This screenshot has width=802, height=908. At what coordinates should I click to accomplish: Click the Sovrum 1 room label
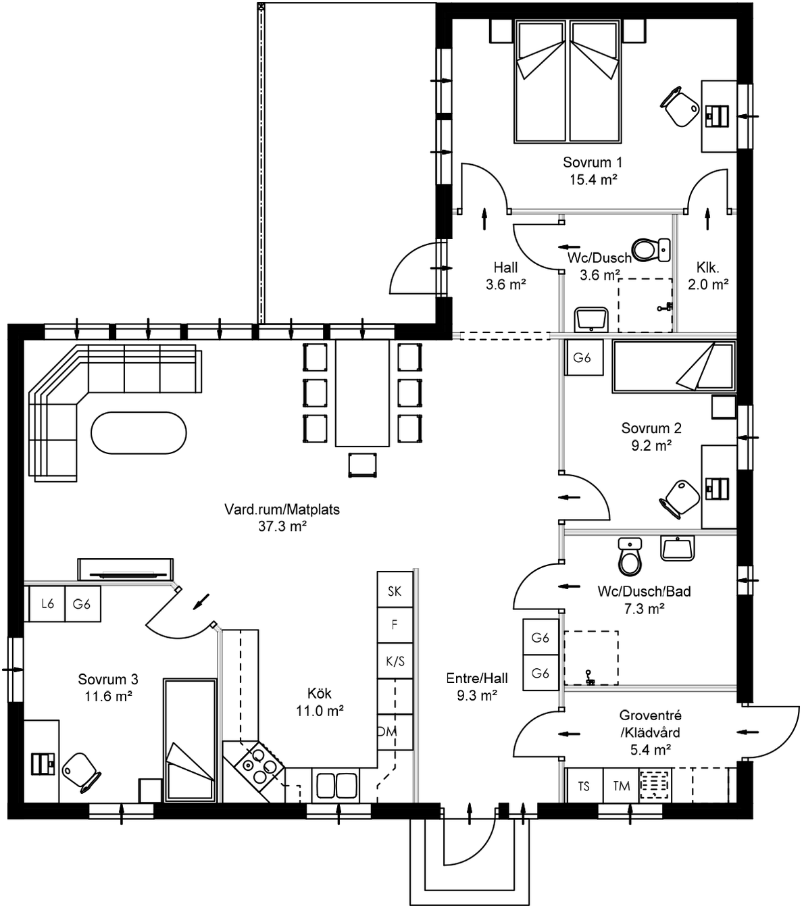click(593, 162)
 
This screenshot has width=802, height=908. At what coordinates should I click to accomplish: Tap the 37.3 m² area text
click(282, 527)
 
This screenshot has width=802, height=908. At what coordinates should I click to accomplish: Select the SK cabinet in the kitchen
click(395, 591)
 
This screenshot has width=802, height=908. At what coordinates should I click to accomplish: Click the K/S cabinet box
click(395, 661)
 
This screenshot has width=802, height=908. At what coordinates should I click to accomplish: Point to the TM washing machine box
click(621, 786)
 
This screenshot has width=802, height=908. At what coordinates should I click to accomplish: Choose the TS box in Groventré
click(584, 786)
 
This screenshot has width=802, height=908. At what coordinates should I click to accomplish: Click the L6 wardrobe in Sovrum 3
click(47, 604)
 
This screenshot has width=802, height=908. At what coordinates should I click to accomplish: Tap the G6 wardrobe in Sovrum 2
click(582, 358)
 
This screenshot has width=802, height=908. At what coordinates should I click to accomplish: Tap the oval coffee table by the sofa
click(138, 433)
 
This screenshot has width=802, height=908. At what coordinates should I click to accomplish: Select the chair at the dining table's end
click(361, 465)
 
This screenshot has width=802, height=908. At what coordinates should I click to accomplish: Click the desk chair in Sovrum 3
click(81, 771)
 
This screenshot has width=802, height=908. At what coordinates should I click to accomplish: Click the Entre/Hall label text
click(477, 678)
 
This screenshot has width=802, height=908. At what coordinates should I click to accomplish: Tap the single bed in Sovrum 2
click(673, 367)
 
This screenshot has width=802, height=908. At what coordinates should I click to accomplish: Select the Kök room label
click(320, 694)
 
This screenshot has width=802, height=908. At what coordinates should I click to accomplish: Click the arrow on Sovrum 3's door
click(201, 601)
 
